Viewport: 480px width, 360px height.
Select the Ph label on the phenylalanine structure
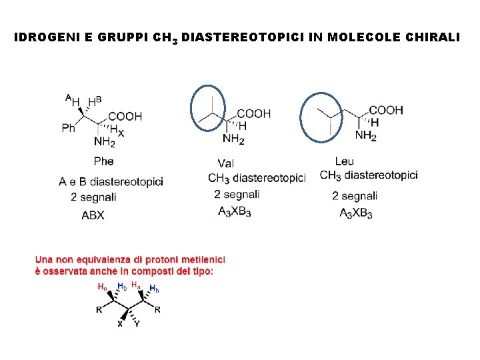coord(69,127)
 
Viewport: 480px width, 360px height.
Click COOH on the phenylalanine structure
coord(125,116)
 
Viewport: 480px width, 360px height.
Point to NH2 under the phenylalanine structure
coord(105,142)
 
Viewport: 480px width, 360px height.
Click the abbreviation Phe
coord(104,161)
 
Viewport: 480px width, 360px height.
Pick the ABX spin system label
coord(93,215)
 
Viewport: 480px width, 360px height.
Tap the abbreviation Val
coord(226,163)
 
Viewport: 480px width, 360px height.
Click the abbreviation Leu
coord(345,161)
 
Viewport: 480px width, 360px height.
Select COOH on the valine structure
coord(254,113)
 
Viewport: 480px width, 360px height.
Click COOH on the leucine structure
coord(386,110)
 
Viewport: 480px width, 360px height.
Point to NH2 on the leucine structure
coord(365,135)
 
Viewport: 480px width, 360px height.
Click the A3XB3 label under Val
coord(234,211)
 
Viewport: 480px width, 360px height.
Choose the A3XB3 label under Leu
coord(355,213)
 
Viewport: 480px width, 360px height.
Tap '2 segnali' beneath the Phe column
coord(94,197)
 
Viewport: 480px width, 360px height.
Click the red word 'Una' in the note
coord(45,259)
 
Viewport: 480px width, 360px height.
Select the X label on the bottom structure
coord(120,325)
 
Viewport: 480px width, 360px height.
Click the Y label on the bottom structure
coord(137,325)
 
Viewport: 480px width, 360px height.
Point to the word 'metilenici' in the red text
coord(200,259)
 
